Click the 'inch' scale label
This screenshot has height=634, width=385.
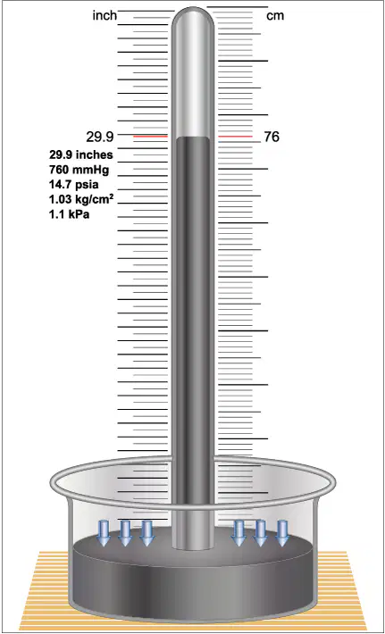coord(105,16)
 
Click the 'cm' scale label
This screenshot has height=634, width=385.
coord(275,16)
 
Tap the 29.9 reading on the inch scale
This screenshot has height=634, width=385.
coord(99,138)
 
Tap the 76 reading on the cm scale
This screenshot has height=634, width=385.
coord(272,138)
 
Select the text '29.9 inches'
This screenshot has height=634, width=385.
coord(81,154)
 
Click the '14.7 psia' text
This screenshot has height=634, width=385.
coord(74,185)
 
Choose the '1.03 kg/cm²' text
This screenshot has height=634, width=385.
coord(81,200)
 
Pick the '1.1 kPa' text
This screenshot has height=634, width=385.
coord(69,214)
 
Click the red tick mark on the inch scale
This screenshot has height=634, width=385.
coord(150,137)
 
